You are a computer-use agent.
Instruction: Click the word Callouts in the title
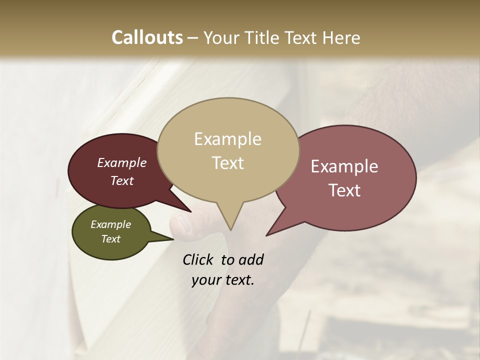[147, 37]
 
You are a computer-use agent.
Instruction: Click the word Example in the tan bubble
[227, 139]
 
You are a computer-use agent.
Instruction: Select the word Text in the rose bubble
[345, 190]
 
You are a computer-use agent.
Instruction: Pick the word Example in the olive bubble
[110, 224]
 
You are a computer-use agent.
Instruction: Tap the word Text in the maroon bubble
[122, 180]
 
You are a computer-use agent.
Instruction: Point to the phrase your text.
[222, 280]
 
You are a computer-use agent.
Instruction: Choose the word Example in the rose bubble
[344, 166]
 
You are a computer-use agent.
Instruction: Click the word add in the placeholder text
[250, 259]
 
